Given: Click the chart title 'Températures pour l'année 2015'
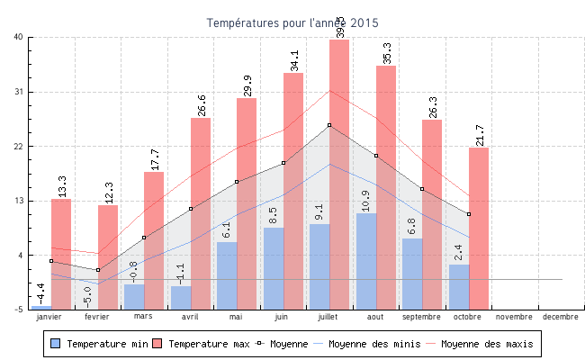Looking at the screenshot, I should (x=292, y=22).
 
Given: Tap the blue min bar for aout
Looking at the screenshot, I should (x=366, y=261).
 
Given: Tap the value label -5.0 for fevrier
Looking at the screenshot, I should (x=87, y=295).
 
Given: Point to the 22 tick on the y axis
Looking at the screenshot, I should (x=18, y=146).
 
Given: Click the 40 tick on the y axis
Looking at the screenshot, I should (x=18, y=37).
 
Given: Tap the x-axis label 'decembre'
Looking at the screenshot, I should (x=561, y=317).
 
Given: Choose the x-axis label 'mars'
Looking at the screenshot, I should (x=144, y=317).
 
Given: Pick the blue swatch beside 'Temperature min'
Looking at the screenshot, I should (x=56, y=344).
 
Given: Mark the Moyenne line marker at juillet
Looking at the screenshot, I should (x=329, y=125).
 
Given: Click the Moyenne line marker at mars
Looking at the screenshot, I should (x=144, y=238).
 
